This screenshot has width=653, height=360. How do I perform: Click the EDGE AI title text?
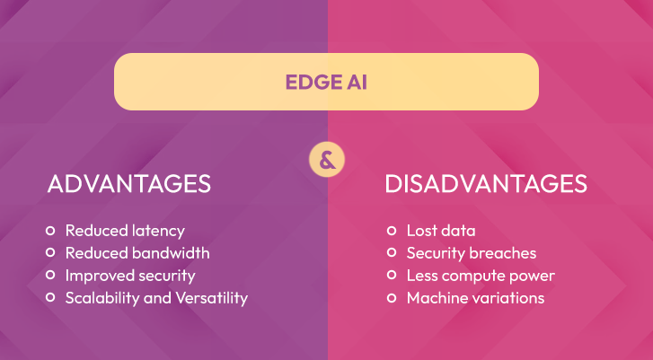326,82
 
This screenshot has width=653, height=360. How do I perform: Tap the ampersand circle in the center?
327,160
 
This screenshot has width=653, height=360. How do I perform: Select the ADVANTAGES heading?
129,183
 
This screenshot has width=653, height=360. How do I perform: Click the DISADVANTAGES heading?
486,183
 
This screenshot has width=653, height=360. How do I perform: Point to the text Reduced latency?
125,231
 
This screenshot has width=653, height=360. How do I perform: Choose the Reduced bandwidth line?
137,253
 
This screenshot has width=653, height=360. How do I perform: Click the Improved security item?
130,276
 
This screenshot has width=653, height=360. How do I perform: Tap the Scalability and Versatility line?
156,298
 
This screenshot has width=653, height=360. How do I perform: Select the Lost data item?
441,231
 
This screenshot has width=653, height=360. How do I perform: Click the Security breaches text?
472,253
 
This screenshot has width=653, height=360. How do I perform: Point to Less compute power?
481,276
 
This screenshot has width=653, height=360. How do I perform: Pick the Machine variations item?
475,298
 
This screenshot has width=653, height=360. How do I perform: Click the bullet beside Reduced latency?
50,230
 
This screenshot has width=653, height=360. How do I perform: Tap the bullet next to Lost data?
392,230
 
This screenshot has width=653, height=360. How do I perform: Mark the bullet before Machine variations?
392,297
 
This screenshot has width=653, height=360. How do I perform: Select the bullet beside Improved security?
50,275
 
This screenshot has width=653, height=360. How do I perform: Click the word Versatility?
212,298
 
